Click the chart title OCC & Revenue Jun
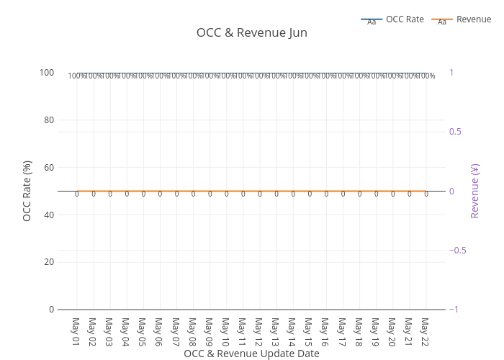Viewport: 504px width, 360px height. (252, 32)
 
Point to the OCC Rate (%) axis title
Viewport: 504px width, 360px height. (27, 191)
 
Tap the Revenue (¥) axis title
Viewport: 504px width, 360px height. (475, 191)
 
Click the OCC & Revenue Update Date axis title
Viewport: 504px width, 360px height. (251, 354)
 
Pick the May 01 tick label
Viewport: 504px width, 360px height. (76, 330)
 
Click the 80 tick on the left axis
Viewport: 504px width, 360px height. (47, 120)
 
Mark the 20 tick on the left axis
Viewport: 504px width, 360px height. (47, 262)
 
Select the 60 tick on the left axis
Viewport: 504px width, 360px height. (47, 167)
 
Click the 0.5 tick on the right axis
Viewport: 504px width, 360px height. (456, 132)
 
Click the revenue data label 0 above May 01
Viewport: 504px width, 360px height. (76, 194)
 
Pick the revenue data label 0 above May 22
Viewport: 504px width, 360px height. (426, 194)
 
